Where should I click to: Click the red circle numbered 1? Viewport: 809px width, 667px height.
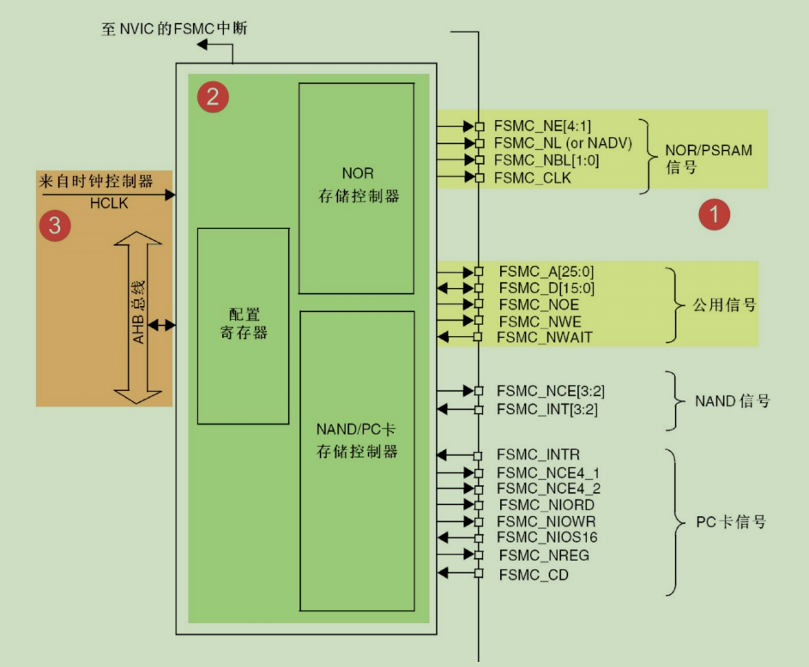click(x=713, y=214)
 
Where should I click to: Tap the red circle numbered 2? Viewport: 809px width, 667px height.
click(x=212, y=98)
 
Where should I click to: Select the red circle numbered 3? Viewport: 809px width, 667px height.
click(x=56, y=225)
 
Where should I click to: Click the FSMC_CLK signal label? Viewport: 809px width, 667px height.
click(x=533, y=177)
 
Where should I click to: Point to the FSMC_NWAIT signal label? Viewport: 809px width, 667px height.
click(x=544, y=338)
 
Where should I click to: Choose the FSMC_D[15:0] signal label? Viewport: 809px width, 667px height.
click(x=546, y=288)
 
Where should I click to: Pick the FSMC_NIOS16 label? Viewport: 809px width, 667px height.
click(x=547, y=538)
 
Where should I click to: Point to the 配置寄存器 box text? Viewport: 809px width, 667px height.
click(x=244, y=324)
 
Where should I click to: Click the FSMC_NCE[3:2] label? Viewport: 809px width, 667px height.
click(x=547, y=391)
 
